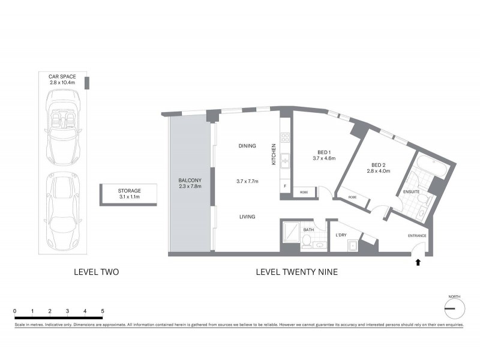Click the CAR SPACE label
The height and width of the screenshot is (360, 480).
62,76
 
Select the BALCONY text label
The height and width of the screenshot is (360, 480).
189,181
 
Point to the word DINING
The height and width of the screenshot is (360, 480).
247,146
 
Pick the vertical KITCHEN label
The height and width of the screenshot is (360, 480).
274,154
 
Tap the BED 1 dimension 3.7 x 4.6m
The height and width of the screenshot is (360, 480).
323,158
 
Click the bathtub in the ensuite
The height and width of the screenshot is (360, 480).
431,167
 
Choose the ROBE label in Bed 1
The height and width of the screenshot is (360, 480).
304,193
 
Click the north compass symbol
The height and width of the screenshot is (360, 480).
454,308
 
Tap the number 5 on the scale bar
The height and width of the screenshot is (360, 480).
103,311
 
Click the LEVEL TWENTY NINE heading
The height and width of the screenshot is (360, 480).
296,272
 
